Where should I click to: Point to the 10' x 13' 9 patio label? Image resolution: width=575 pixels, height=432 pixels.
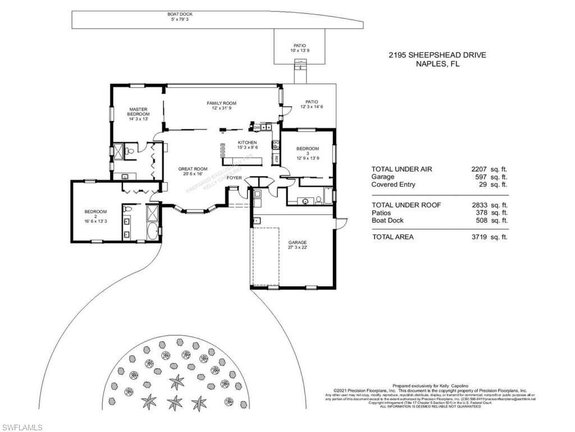point(300,51)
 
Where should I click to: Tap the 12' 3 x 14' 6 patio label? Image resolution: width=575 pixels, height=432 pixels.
point(312,106)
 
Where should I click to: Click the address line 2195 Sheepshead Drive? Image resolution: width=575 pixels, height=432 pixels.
point(437,55)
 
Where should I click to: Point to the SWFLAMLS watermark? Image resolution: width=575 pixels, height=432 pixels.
point(21,427)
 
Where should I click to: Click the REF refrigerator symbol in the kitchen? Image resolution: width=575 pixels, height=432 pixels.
point(276,159)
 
